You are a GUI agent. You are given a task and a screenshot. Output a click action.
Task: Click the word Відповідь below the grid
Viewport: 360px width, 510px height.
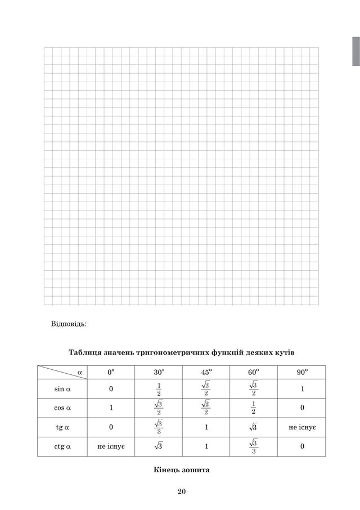(x=69, y=324)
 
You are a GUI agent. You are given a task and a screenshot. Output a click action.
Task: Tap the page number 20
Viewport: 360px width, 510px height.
(x=181, y=491)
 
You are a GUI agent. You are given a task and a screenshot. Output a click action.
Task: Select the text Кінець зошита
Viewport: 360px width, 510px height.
(x=181, y=469)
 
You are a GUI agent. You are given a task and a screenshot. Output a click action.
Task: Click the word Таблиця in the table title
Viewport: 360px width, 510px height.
(x=85, y=352)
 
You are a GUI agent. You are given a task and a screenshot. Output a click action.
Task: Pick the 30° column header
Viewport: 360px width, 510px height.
(x=159, y=372)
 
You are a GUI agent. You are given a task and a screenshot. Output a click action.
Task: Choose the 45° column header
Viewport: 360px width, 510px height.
(x=206, y=372)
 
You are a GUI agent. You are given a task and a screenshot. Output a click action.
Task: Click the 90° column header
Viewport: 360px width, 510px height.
(x=303, y=372)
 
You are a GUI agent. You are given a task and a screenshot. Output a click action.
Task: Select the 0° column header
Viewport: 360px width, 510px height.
(x=111, y=372)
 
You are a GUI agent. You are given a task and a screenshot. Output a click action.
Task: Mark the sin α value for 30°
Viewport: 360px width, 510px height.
(x=159, y=389)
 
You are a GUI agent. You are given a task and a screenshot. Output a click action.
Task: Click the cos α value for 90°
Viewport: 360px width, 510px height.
(x=303, y=408)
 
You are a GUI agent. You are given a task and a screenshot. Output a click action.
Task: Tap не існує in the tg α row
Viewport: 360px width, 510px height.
(x=303, y=427)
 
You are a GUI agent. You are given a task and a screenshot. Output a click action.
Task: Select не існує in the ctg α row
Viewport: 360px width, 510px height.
(x=111, y=446)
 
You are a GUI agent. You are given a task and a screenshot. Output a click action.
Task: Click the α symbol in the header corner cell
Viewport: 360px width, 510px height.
(x=79, y=372)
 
